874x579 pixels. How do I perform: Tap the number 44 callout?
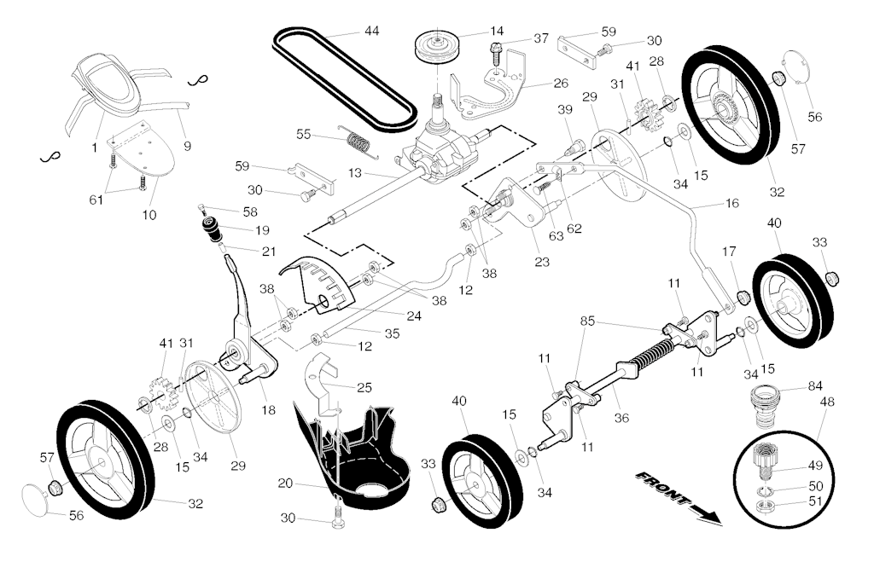371,32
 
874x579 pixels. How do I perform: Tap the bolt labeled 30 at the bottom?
338,516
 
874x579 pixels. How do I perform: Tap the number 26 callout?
560,84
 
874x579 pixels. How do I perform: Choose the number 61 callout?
96,200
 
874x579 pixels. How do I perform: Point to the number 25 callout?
364,387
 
